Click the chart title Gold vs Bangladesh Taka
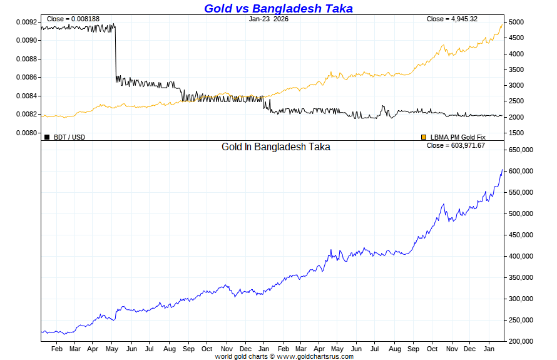[278, 8]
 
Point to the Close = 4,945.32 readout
[452, 19]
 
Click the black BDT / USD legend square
[47, 137]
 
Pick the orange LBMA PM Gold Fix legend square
[424, 137]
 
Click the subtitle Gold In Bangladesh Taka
[276, 147]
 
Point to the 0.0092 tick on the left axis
[26, 22]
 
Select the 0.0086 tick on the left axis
[26, 78]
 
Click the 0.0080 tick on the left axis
[26, 133]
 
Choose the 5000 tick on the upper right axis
[516, 23]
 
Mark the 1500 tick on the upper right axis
[516, 133]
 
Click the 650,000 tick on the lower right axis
[521, 150]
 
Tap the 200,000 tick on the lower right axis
[521, 341]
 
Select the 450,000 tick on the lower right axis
[521, 235]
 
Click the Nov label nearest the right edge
[451, 349]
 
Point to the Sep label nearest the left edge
[188, 349]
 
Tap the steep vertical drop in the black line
[115, 53]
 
